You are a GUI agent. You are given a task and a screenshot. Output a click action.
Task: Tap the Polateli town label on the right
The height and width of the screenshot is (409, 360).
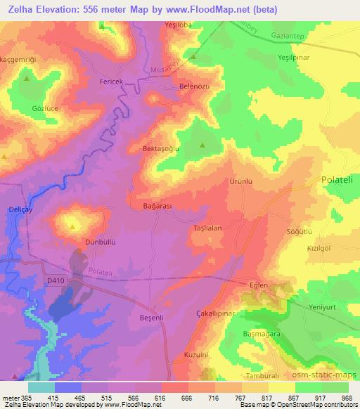coord(340,180)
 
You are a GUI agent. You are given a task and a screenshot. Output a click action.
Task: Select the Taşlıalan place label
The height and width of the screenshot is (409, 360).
coord(208,228)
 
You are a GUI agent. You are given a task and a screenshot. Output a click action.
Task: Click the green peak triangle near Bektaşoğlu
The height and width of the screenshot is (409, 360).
coord(202,146)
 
